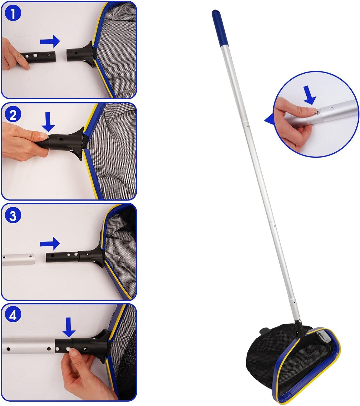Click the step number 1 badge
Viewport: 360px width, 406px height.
click(x=13, y=14)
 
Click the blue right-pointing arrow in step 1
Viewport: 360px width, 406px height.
click(x=50, y=41)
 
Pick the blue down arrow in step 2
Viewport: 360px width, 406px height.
click(x=48, y=122)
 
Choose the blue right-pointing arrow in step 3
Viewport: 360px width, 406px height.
click(x=50, y=243)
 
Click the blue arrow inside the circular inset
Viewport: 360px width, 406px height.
click(x=309, y=95)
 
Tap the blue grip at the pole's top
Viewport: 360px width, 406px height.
click(x=220, y=28)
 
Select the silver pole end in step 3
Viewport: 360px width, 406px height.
click(x=18, y=260)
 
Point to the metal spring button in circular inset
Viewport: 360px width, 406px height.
click(x=317, y=113)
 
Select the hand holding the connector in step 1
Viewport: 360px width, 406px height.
click(x=12, y=55)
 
